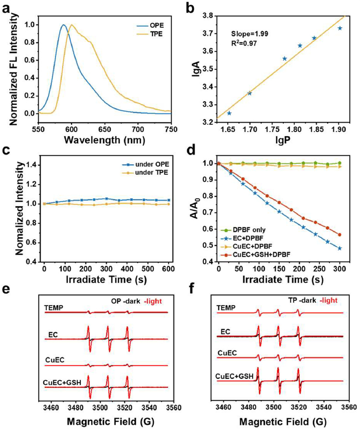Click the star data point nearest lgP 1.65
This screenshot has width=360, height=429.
[x=229, y=113]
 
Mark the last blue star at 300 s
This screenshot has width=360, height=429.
[x=339, y=248]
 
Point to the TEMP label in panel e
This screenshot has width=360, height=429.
[x=53, y=308]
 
